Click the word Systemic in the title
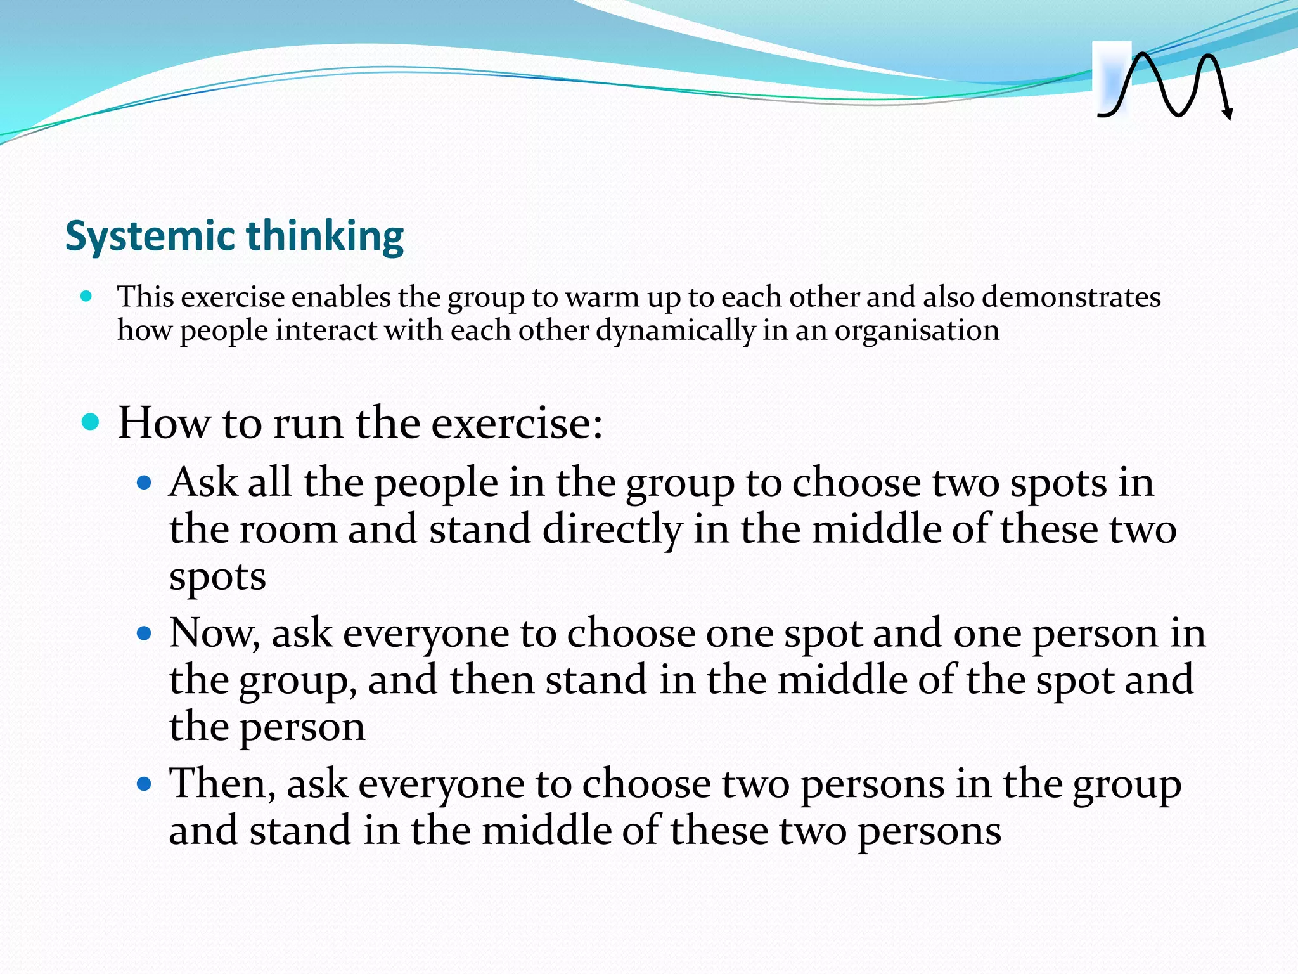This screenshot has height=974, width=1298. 151,237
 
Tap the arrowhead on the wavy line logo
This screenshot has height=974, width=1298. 1228,114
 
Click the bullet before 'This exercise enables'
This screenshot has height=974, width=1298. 87,295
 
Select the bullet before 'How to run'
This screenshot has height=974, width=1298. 91,422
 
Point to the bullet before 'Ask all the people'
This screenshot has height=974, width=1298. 145,484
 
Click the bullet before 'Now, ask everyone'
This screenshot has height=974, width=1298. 145,633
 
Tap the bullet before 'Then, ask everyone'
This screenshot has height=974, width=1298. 145,784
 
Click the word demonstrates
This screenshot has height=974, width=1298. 1071,297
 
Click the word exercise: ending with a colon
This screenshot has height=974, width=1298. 517,423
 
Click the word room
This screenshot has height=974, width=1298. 288,529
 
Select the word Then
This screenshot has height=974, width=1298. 222,783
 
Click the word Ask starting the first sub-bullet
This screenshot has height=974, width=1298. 204,483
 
